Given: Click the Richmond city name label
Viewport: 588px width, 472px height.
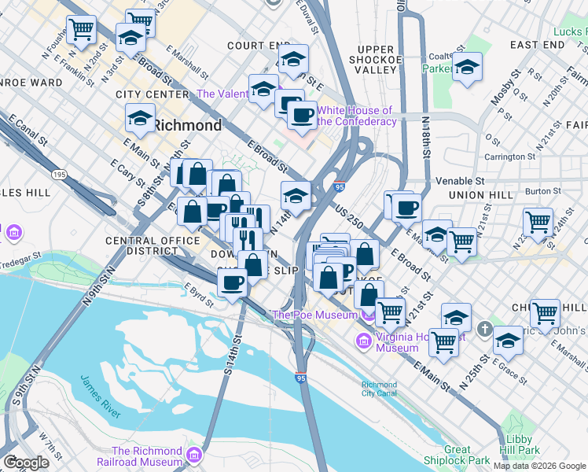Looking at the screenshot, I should (186, 125).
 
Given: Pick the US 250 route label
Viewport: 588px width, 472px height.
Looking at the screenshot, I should (347, 216).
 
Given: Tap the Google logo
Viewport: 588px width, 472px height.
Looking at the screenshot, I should (26, 463).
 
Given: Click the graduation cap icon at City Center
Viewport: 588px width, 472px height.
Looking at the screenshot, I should (141, 119).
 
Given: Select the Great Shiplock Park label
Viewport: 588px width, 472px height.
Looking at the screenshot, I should (458, 455).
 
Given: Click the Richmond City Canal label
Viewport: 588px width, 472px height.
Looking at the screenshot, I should (380, 389).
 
